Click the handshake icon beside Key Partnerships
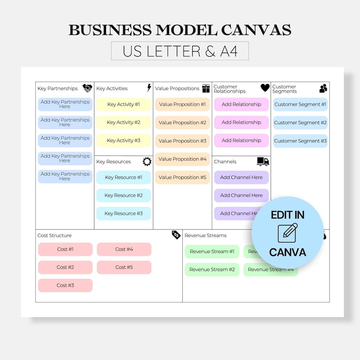[x=88, y=88]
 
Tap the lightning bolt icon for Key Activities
[x=149, y=88]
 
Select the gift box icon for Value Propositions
[x=206, y=88]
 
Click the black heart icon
[x=265, y=88]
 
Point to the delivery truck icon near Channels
[x=263, y=161]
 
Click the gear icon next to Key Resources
[x=147, y=161]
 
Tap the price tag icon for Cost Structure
[x=176, y=235]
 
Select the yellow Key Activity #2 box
[x=123, y=122]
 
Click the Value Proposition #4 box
[x=182, y=159]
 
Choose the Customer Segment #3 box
[x=300, y=141]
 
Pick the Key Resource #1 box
[x=123, y=177]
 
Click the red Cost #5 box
[x=124, y=268]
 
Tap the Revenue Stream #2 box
[x=212, y=269]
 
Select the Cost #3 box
[x=65, y=285]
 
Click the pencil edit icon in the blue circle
[x=287, y=233]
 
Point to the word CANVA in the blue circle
[x=287, y=252]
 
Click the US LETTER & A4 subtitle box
[x=180, y=51]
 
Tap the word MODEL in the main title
[x=186, y=30]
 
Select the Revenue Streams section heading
[x=205, y=235]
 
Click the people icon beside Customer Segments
[x=323, y=88]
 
